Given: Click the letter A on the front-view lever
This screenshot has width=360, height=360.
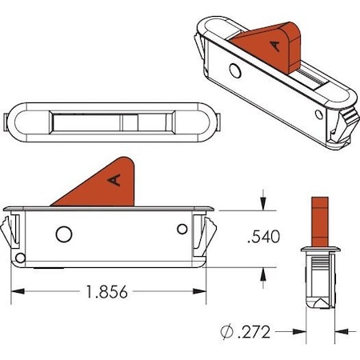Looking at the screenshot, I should (x=114, y=180).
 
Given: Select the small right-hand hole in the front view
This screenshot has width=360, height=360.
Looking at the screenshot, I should (x=182, y=230).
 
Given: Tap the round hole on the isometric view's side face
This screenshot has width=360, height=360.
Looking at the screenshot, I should (x=234, y=70).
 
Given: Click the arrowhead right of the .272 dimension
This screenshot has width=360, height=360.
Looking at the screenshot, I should (x=340, y=330).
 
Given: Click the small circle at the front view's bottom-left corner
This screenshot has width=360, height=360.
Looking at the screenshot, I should (x=19, y=258).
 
